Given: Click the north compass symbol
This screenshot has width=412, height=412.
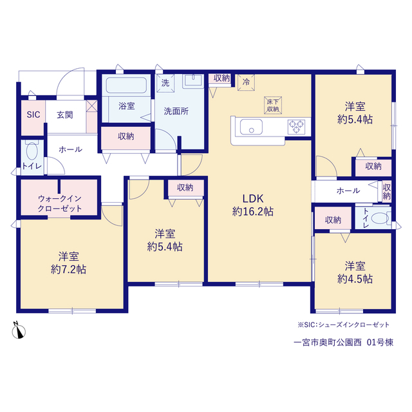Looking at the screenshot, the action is click(x=19, y=331).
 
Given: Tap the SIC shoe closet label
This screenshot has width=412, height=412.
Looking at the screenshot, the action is click(x=33, y=115).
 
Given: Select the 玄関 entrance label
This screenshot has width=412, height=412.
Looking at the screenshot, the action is click(x=64, y=115).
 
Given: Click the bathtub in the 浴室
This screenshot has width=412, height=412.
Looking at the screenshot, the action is click(x=126, y=85).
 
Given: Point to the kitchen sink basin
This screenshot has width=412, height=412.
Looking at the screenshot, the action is click(x=251, y=127).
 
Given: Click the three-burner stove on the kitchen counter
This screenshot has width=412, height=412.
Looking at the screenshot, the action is click(x=296, y=127).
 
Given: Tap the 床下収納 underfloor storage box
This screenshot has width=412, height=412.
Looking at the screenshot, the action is click(x=273, y=106).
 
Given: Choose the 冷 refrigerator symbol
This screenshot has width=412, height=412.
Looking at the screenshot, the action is click(x=246, y=82).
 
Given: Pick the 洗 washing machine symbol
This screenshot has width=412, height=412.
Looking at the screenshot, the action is click(x=165, y=83).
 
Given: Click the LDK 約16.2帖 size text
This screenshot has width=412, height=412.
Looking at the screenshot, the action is click(x=253, y=205).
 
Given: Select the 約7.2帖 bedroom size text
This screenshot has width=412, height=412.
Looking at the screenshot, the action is click(x=69, y=269).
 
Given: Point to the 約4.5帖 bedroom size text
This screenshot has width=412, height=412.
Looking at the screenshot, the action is click(x=355, y=279).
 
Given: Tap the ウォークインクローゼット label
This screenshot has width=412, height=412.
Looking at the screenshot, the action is click(x=60, y=203).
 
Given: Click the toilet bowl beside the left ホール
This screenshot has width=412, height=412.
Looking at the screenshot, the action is click(x=32, y=151).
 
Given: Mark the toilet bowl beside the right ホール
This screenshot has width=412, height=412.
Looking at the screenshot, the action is click(x=380, y=218).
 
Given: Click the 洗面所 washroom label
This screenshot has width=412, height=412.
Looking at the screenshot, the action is click(x=176, y=111).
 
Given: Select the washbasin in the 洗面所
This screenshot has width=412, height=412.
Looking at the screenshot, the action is click(x=193, y=80).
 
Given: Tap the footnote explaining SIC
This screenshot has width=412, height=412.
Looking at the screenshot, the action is click(x=343, y=324).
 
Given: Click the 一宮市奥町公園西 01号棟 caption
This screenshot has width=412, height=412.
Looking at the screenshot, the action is click(x=343, y=342).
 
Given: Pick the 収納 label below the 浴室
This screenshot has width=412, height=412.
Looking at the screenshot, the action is click(x=126, y=136).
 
